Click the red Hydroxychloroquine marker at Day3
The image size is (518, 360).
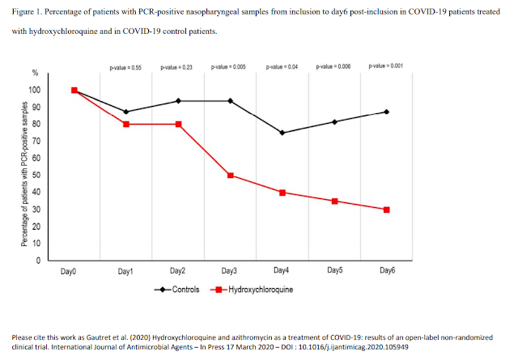(x=231, y=176)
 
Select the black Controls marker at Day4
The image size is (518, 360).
(x=282, y=133)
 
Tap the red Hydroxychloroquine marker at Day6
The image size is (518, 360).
(x=387, y=210)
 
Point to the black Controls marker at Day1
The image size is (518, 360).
(x=126, y=112)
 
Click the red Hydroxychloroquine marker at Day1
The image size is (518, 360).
(x=126, y=124)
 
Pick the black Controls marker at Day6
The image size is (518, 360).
(x=387, y=112)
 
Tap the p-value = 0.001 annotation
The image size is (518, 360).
(x=387, y=65)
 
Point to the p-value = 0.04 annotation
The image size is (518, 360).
(x=282, y=65)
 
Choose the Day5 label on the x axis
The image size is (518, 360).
(x=334, y=273)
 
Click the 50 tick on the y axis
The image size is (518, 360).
(x=57, y=176)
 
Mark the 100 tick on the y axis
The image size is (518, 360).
(x=54, y=90)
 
